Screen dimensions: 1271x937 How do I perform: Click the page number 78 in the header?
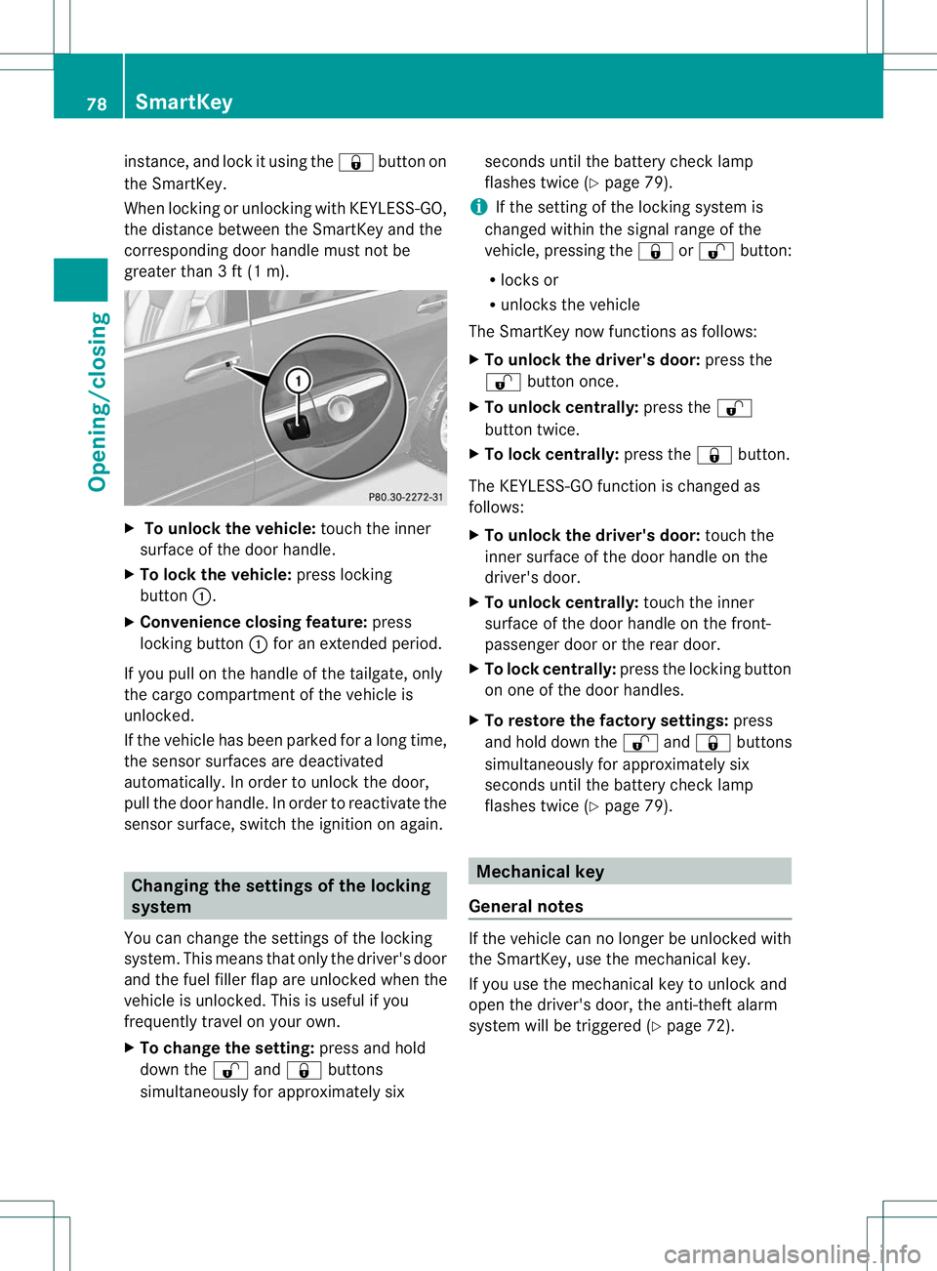click(96, 103)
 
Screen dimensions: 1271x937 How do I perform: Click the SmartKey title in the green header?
click(183, 102)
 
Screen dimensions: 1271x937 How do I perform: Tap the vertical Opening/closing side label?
click(98, 401)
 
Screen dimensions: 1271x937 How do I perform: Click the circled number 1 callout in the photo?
click(298, 381)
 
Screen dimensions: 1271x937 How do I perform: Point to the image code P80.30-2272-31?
click(405, 497)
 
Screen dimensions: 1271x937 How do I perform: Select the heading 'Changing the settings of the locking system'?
click(281, 896)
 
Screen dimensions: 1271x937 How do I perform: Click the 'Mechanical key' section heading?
click(540, 872)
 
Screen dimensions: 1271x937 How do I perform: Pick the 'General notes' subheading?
click(526, 906)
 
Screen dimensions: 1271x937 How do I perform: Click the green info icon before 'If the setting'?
click(477, 207)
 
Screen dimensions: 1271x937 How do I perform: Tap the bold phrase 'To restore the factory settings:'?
click(606, 720)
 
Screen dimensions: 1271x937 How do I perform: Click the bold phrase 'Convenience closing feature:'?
click(254, 622)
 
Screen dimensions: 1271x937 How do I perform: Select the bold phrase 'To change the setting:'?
click(226, 1047)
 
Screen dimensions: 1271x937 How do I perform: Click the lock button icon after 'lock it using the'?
click(355, 162)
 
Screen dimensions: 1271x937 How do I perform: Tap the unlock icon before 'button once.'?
click(502, 382)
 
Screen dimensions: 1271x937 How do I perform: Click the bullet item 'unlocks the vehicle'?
click(570, 305)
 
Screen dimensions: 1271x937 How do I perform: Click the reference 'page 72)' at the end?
click(699, 1025)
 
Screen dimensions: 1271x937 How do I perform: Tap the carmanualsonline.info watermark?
click(792, 1253)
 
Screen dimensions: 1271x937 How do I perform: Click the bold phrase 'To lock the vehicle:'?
click(216, 575)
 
